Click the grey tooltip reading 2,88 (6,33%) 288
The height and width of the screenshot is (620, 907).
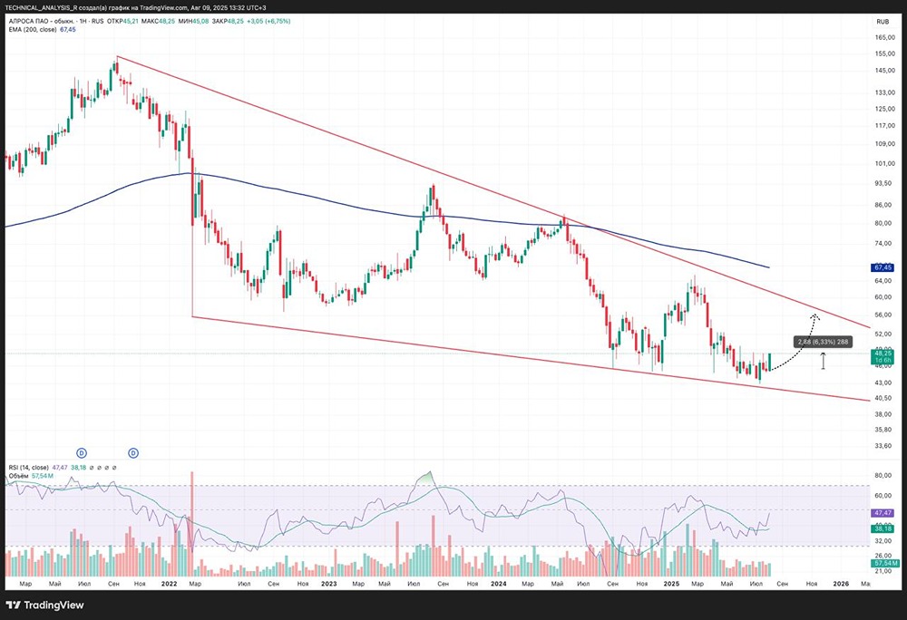click(824, 342)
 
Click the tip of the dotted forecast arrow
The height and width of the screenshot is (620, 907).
click(814, 315)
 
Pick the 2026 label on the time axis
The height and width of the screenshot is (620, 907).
click(841, 584)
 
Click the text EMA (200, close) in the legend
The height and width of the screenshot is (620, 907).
click(32, 29)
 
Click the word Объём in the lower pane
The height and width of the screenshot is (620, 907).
click(18, 476)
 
